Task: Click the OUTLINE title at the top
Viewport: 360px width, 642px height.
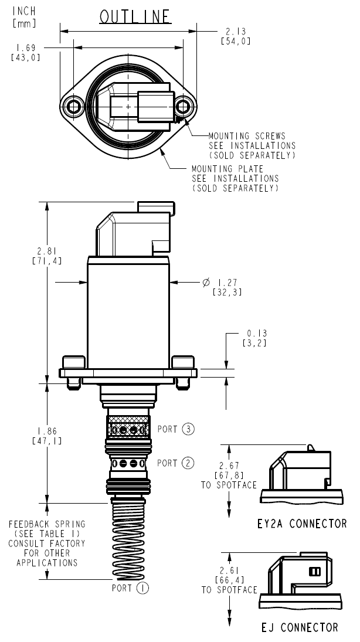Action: click(x=135, y=17)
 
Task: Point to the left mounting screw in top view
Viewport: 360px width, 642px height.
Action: click(x=73, y=106)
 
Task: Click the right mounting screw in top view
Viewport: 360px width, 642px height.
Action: click(x=184, y=106)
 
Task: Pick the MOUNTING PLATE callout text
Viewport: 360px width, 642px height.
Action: click(x=235, y=178)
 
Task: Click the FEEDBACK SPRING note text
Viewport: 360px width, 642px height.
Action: click(x=47, y=543)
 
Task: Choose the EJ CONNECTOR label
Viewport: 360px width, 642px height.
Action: click(x=300, y=627)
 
